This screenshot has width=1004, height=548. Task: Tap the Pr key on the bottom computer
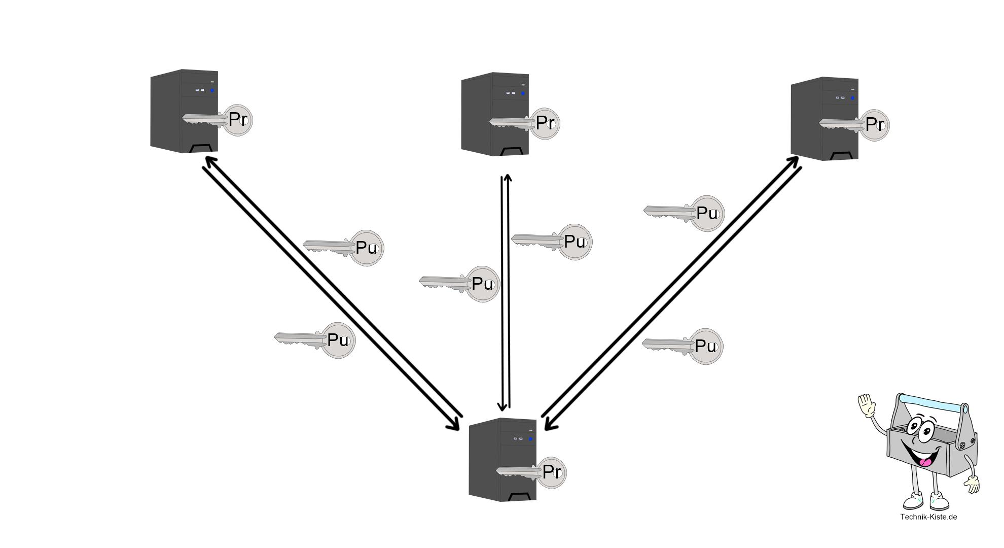[x=551, y=472]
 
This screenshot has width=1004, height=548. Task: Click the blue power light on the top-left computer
[x=212, y=91]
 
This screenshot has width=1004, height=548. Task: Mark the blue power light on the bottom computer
[x=530, y=438]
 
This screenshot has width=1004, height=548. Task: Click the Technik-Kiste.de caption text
[x=928, y=517]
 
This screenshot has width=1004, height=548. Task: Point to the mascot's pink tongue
[x=925, y=462]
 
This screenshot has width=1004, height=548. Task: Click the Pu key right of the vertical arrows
[x=573, y=242]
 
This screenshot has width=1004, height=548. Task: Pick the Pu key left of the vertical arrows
[x=482, y=284]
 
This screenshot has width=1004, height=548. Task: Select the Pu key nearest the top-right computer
[x=706, y=213]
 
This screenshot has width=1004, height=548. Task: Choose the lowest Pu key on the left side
[x=337, y=340]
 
